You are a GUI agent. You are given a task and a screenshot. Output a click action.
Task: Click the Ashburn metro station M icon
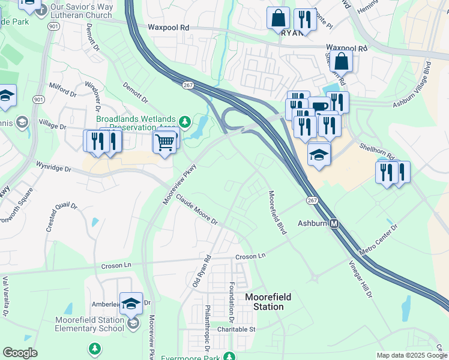335,223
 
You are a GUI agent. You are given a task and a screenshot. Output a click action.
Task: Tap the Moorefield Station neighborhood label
264,302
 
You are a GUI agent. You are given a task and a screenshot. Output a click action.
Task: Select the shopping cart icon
165,142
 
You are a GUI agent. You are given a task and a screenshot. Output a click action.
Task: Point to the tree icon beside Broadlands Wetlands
185,122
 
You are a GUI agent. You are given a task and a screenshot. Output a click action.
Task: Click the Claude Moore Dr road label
196,213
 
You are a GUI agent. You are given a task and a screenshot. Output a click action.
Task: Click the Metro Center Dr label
378,239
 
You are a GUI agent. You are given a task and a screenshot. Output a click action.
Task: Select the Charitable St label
237,329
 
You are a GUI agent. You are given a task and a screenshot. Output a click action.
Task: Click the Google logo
20,353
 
